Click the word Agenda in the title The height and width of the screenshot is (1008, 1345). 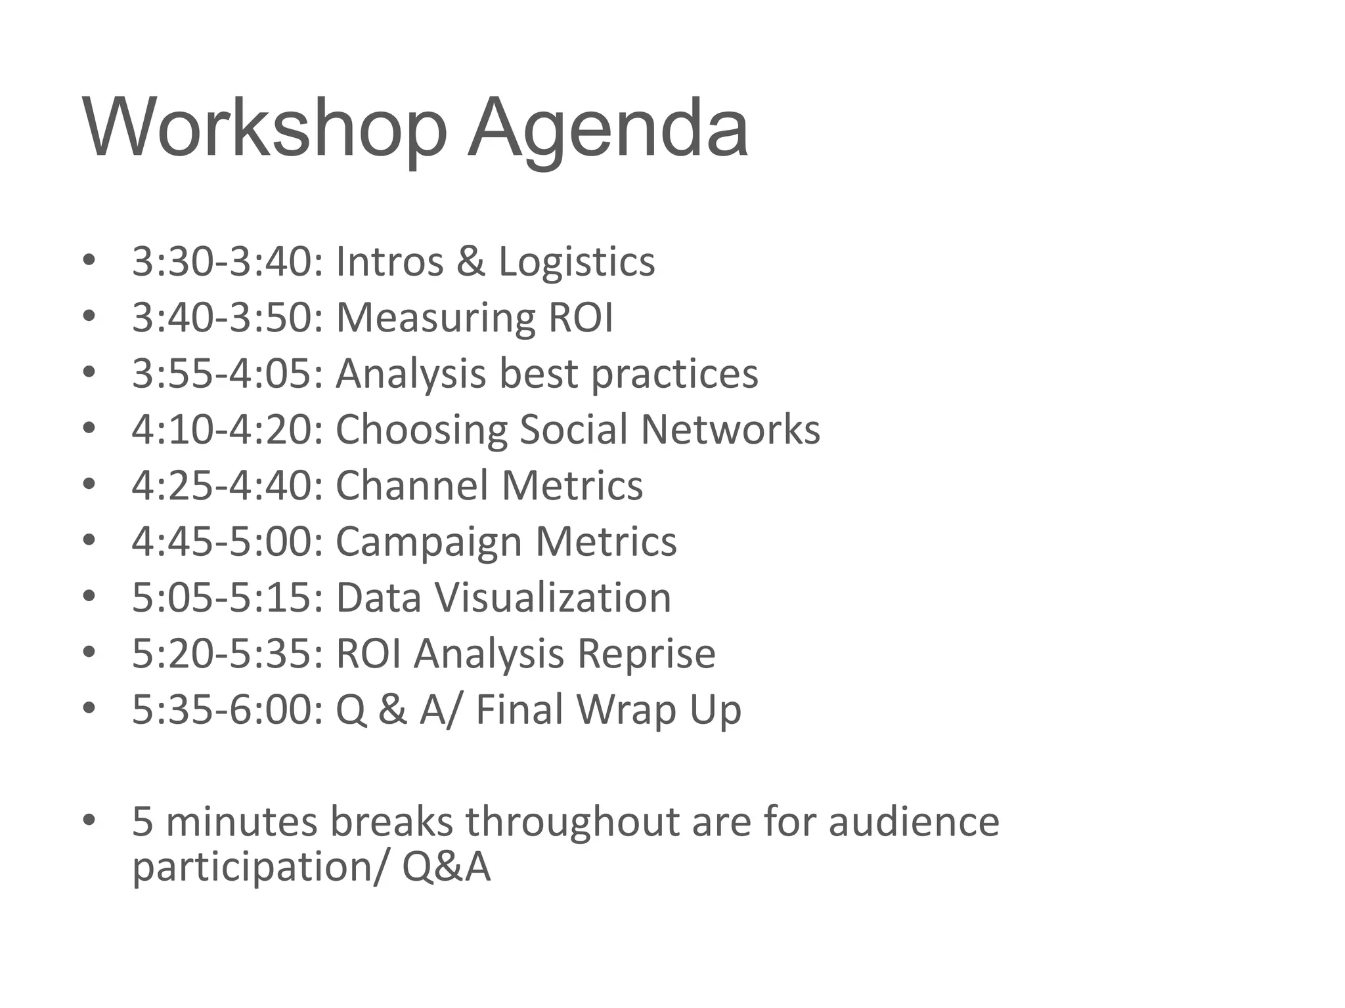tap(607, 128)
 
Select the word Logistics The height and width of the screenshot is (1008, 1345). tap(577, 262)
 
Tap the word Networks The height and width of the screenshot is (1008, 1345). tap(730, 429)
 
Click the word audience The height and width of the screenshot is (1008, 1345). tap(914, 821)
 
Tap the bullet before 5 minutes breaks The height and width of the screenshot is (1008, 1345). tap(89, 820)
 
